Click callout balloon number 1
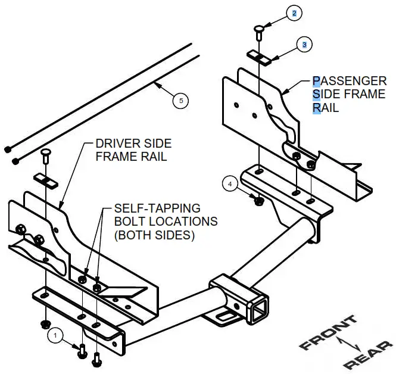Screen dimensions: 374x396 55,336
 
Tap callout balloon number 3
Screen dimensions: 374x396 304,44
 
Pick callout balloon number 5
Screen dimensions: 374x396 181,101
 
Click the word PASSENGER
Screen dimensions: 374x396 349,81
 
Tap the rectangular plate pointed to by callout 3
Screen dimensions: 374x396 260,56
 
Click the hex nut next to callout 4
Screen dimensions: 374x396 258,201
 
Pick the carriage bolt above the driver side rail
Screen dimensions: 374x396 45,156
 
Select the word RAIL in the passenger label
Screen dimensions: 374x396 326,108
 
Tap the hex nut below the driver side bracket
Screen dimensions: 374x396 45,324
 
